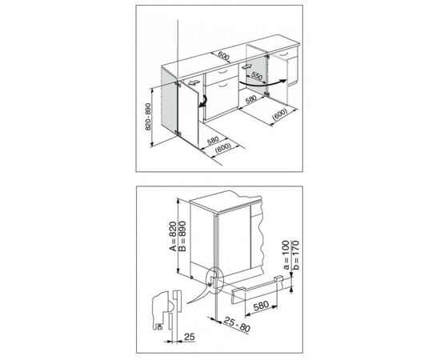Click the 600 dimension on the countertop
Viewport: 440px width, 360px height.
(x=224, y=56)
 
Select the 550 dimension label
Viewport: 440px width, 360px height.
(x=257, y=76)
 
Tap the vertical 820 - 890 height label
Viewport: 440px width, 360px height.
(x=148, y=117)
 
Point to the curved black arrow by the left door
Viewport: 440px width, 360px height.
(x=203, y=102)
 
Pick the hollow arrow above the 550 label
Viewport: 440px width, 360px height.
(x=246, y=67)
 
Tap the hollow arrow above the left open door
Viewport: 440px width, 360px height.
(x=194, y=82)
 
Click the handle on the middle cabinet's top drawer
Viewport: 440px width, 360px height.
(x=222, y=71)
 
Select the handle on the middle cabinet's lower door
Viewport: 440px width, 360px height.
(x=224, y=84)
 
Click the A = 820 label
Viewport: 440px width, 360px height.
(x=173, y=236)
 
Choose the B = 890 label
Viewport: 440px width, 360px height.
(x=182, y=236)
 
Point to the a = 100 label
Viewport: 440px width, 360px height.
(x=286, y=254)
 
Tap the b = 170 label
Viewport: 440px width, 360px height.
(x=295, y=254)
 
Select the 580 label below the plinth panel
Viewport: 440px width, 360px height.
(x=261, y=306)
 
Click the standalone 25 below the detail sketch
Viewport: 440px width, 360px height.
(x=190, y=337)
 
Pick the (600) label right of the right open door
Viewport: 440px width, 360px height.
(x=280, y=114)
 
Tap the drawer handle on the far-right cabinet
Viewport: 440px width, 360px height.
(x=284, y=54)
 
